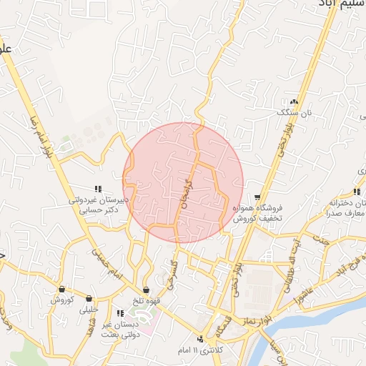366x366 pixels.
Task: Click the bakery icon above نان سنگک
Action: pyautogui.click(x=294, y=102)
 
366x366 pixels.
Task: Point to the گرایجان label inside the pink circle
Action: pyautogui.click(x=187, y=194)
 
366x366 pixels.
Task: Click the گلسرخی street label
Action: pyautogui.click(x=172, y=273)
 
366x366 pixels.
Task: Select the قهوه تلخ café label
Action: pyautogui.click(x=146, y=301)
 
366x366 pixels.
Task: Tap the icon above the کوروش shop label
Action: pyautogui.click(x=63, y=290)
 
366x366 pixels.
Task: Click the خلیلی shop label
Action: pyautogui.click(x=89, y=310)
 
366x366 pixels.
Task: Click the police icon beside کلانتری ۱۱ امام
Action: pyautogui.click(x=202, y=338)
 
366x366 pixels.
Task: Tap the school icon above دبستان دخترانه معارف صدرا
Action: pyautogui.click(x=357, y=192)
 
